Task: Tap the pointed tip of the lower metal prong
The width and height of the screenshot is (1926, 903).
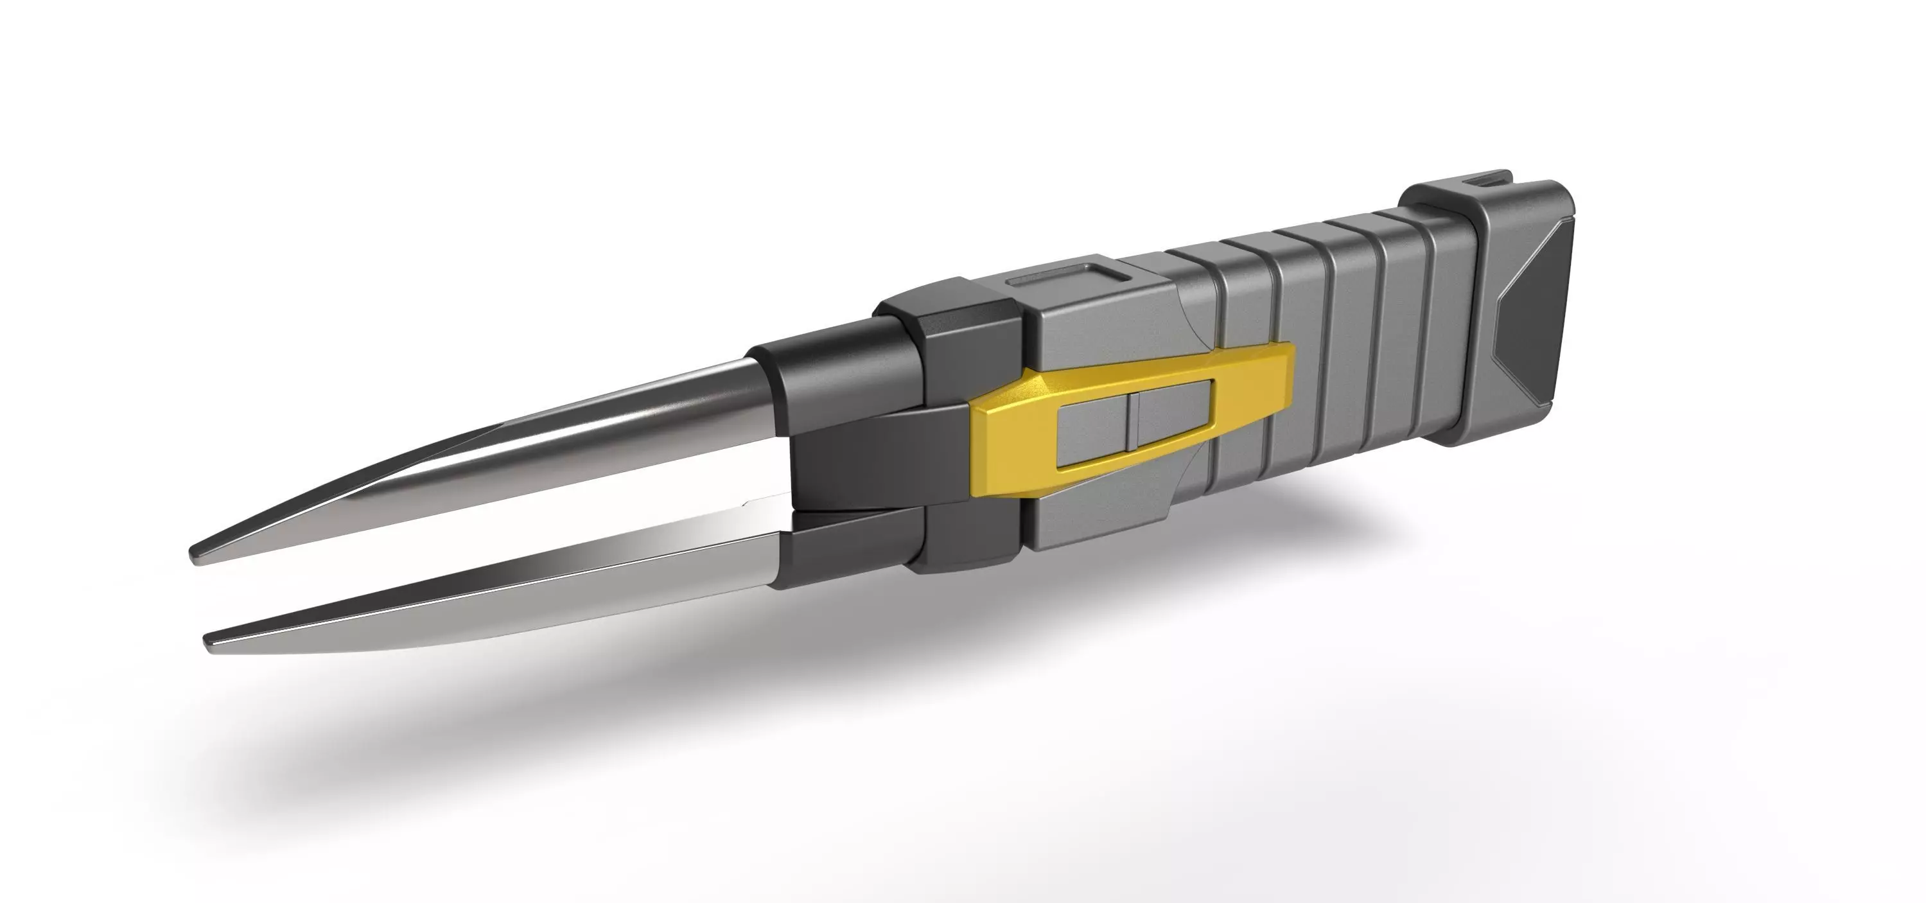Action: pos(210,639)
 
